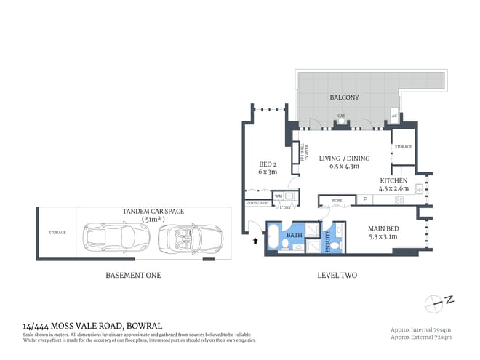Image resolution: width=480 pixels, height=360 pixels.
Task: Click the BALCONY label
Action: coord(343,97)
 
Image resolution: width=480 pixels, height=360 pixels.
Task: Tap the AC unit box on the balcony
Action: coord(394,116)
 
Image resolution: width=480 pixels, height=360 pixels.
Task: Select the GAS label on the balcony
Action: coord(340,116)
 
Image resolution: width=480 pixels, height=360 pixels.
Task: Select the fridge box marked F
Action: coord(364,199)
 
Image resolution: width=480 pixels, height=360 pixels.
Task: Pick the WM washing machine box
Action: coord(278,196)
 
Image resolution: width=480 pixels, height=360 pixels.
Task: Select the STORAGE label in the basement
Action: coord(58,233)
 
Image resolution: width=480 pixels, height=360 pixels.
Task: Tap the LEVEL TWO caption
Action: coord(338,276)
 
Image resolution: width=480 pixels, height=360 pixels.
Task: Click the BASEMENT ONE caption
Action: coord(135,276)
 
